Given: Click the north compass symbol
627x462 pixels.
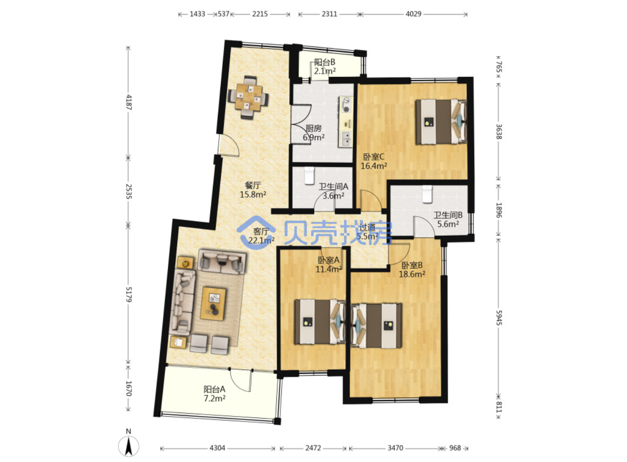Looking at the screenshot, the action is click(128, 446).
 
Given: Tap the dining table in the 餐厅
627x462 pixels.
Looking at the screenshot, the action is click(249, 97).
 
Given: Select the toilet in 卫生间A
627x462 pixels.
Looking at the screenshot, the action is click(309, 176).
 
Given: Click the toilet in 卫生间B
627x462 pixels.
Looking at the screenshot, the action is click(428, 194).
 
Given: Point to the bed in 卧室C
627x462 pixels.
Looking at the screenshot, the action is click(441, 122).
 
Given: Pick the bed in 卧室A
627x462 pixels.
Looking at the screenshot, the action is click(320, 322).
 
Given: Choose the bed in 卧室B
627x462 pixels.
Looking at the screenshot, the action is click(377, 326).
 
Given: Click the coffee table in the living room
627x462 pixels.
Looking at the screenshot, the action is click(213, 304).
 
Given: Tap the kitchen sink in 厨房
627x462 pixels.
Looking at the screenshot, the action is click(346, 139).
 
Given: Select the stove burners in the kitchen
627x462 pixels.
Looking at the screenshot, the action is click(346, 105).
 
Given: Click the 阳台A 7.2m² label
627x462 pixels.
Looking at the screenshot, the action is click(215, 394).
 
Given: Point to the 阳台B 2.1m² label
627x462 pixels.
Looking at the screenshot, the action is click(325, 66).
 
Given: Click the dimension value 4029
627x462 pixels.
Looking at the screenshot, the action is click(414, 13).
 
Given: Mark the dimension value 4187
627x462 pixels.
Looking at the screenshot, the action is click(129, 102).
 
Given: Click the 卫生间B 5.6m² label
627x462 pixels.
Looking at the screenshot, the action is click(448, 219).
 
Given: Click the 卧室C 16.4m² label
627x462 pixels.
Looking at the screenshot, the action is click(374, 161).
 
